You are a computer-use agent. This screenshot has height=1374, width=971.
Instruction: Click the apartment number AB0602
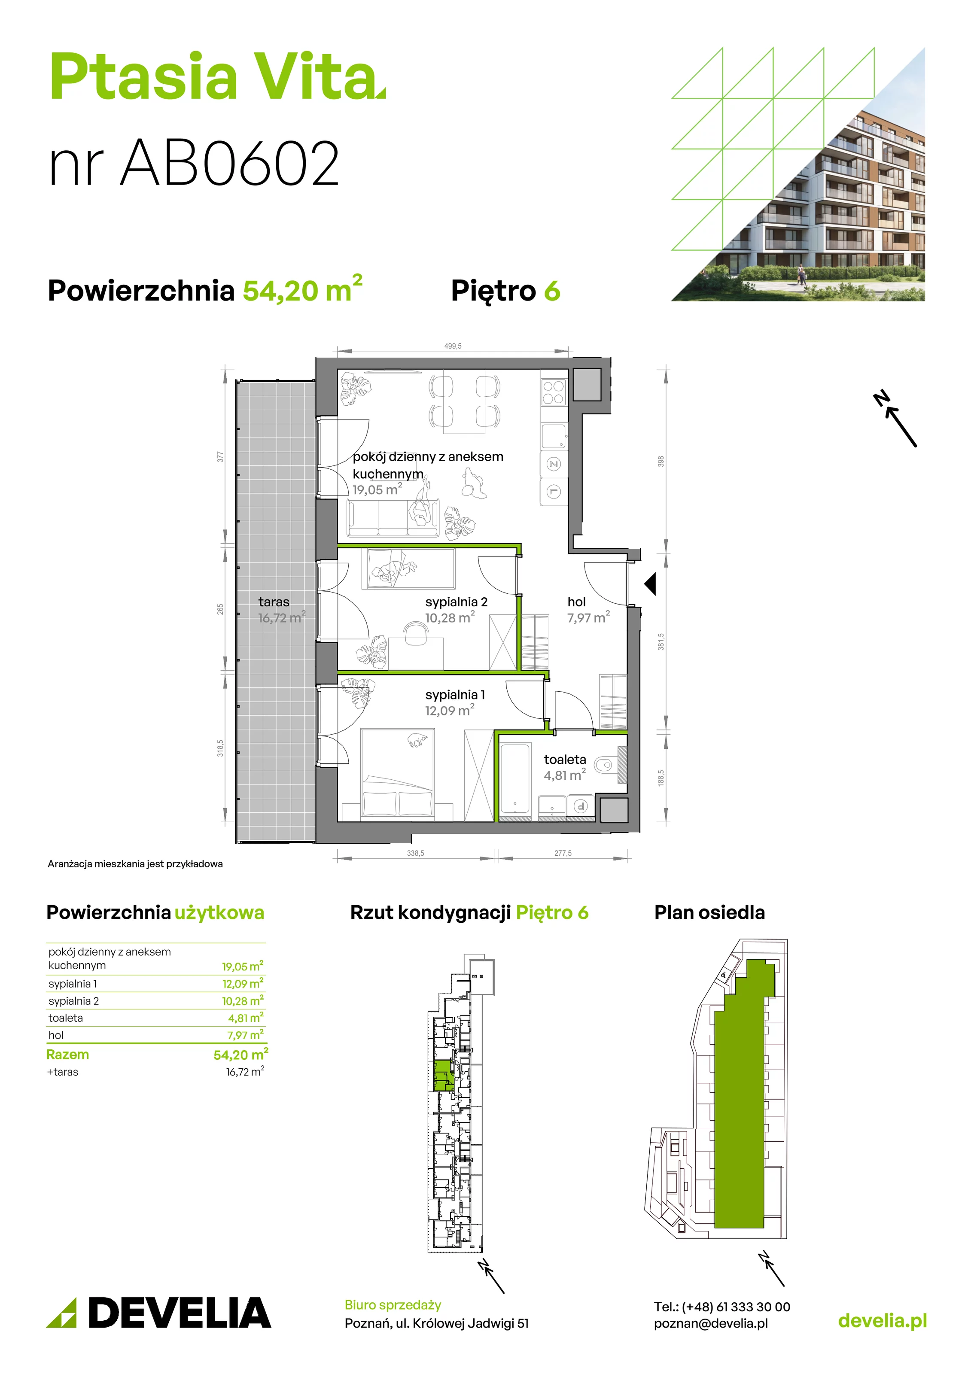click(x=231, y=163)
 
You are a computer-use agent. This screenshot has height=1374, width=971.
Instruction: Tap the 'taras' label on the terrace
click(x=274, y=602)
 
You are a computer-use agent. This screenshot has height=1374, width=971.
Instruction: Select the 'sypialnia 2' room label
click(x=456, y=602)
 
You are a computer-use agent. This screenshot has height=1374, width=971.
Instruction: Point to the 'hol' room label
click(x=576, y=602)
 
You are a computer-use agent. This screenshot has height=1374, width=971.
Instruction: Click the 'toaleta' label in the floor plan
click(x=565, y=760)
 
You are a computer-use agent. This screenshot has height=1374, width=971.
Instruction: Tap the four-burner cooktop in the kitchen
click(x=553, y=392)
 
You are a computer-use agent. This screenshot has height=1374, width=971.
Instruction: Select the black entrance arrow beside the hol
click(x=650, y=584)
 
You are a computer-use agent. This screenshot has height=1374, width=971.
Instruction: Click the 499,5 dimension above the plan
click(x=453, y=346)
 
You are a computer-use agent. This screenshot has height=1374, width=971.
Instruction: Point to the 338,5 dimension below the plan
click(x=415, y=853)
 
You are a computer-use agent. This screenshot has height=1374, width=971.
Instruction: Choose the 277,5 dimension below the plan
click(x=563, y=853)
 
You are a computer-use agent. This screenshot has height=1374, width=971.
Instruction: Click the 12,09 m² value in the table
click(x=243, y=984)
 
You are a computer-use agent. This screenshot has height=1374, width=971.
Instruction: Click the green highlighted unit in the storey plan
click(x=441, y=1076)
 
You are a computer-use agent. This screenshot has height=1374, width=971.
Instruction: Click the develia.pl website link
click(x=883, y=1321)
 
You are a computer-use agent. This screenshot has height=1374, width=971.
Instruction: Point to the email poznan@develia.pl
click(x=711, y=1324)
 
